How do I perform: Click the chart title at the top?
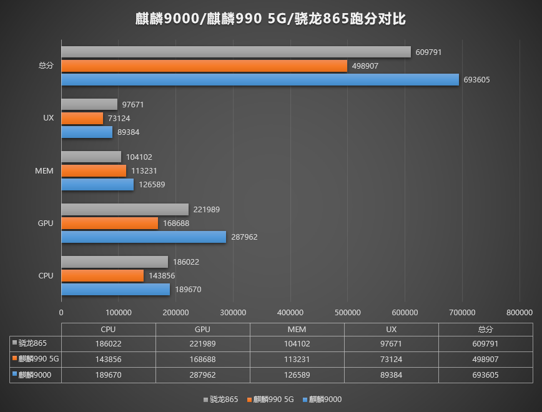[x=271, y=19]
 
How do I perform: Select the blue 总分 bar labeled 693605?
[x=260, y=79]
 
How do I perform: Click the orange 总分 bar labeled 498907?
[x=204, y=66]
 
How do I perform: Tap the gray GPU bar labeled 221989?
[x=125, y=209]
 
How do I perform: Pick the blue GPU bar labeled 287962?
[x=144, y=237]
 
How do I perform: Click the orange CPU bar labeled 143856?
[x=102, y=275]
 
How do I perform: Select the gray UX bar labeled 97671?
[x=89, y=104]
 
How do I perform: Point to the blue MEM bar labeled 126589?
[x=97, y=184]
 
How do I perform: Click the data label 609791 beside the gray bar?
[x=429, y=52]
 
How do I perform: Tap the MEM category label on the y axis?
[x=44, y=170]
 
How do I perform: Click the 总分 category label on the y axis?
[x=46, y=66]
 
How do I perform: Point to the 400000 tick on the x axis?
[x=290, y=312]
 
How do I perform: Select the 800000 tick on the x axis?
[x=520, y=312]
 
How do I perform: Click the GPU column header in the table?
[x=202, y=329]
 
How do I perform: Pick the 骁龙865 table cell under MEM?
[x=297, y=343]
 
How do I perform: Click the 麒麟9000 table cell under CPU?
[x=108, y=375]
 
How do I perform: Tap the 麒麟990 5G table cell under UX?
[x=391, y=359]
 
